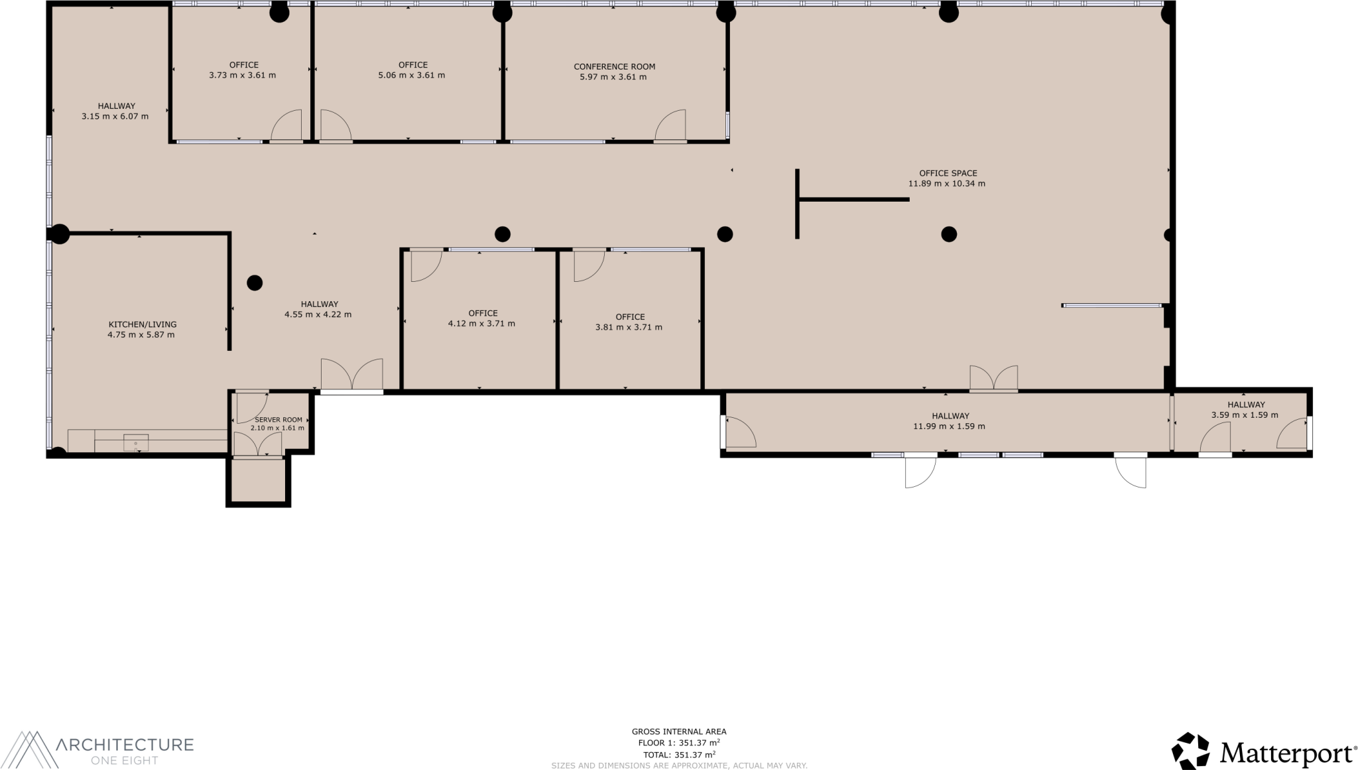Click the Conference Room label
(x=614, y=66)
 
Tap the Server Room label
(x=278, y=420)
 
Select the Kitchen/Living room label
(x=142, y=324)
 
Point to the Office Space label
(x=948, y=173)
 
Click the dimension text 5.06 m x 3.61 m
(x=411, y=76)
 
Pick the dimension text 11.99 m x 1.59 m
(x=949, y=426)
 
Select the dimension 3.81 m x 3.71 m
(x=629, y=327)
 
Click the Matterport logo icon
(x=1190, y=751)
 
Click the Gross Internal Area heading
(x=678, y=732)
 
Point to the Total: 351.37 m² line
(x=678, y=755)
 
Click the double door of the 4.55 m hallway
(x=352, y=375)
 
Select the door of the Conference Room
(x=670, y=126)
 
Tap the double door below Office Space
(x=993, y=378)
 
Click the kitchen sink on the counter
(x=136, y=442)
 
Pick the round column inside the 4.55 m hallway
(x=255, y=283)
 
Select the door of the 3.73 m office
(x=286, y=126)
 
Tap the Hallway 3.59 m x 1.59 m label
(x=1245, y=405)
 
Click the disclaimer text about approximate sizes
(x=678, y=765)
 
